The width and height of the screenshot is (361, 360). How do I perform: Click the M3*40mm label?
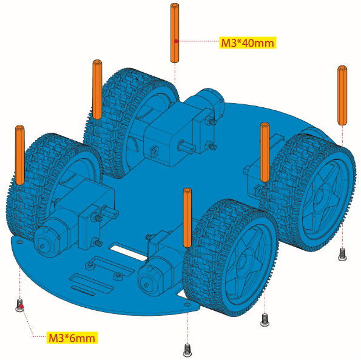[x=248, y=43]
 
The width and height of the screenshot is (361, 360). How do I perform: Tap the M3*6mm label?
[x=72, y=338]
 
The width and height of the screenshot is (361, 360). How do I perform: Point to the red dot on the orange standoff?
[x=176, y=41]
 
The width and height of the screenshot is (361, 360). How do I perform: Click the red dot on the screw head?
[x=21, y=306]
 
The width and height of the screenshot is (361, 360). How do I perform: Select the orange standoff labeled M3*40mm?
[x=175, y=33]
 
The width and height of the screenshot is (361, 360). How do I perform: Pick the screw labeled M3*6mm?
[x=20, y=305]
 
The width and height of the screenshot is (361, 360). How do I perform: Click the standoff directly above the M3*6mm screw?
[x=20, y=155]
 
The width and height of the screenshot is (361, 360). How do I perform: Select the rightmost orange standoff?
[x=342, y=95]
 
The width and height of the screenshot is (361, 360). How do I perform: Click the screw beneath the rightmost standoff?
[x=342, y=255]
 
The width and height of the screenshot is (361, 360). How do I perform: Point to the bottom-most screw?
[x=187, y=350]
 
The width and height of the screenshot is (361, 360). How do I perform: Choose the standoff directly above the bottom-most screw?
[x=187, y=218]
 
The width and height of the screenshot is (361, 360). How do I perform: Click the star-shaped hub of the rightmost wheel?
[x=322, y=198]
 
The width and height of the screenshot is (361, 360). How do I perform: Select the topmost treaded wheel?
[x=131, y=122]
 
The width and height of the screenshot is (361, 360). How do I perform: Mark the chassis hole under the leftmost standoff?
[x=20, y=242]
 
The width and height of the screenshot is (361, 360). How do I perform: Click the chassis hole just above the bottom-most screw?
[x=187, y=305]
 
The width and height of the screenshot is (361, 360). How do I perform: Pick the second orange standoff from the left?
[x=97, y=90]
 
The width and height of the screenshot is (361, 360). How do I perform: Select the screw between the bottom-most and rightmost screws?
[x=265, y=320]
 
